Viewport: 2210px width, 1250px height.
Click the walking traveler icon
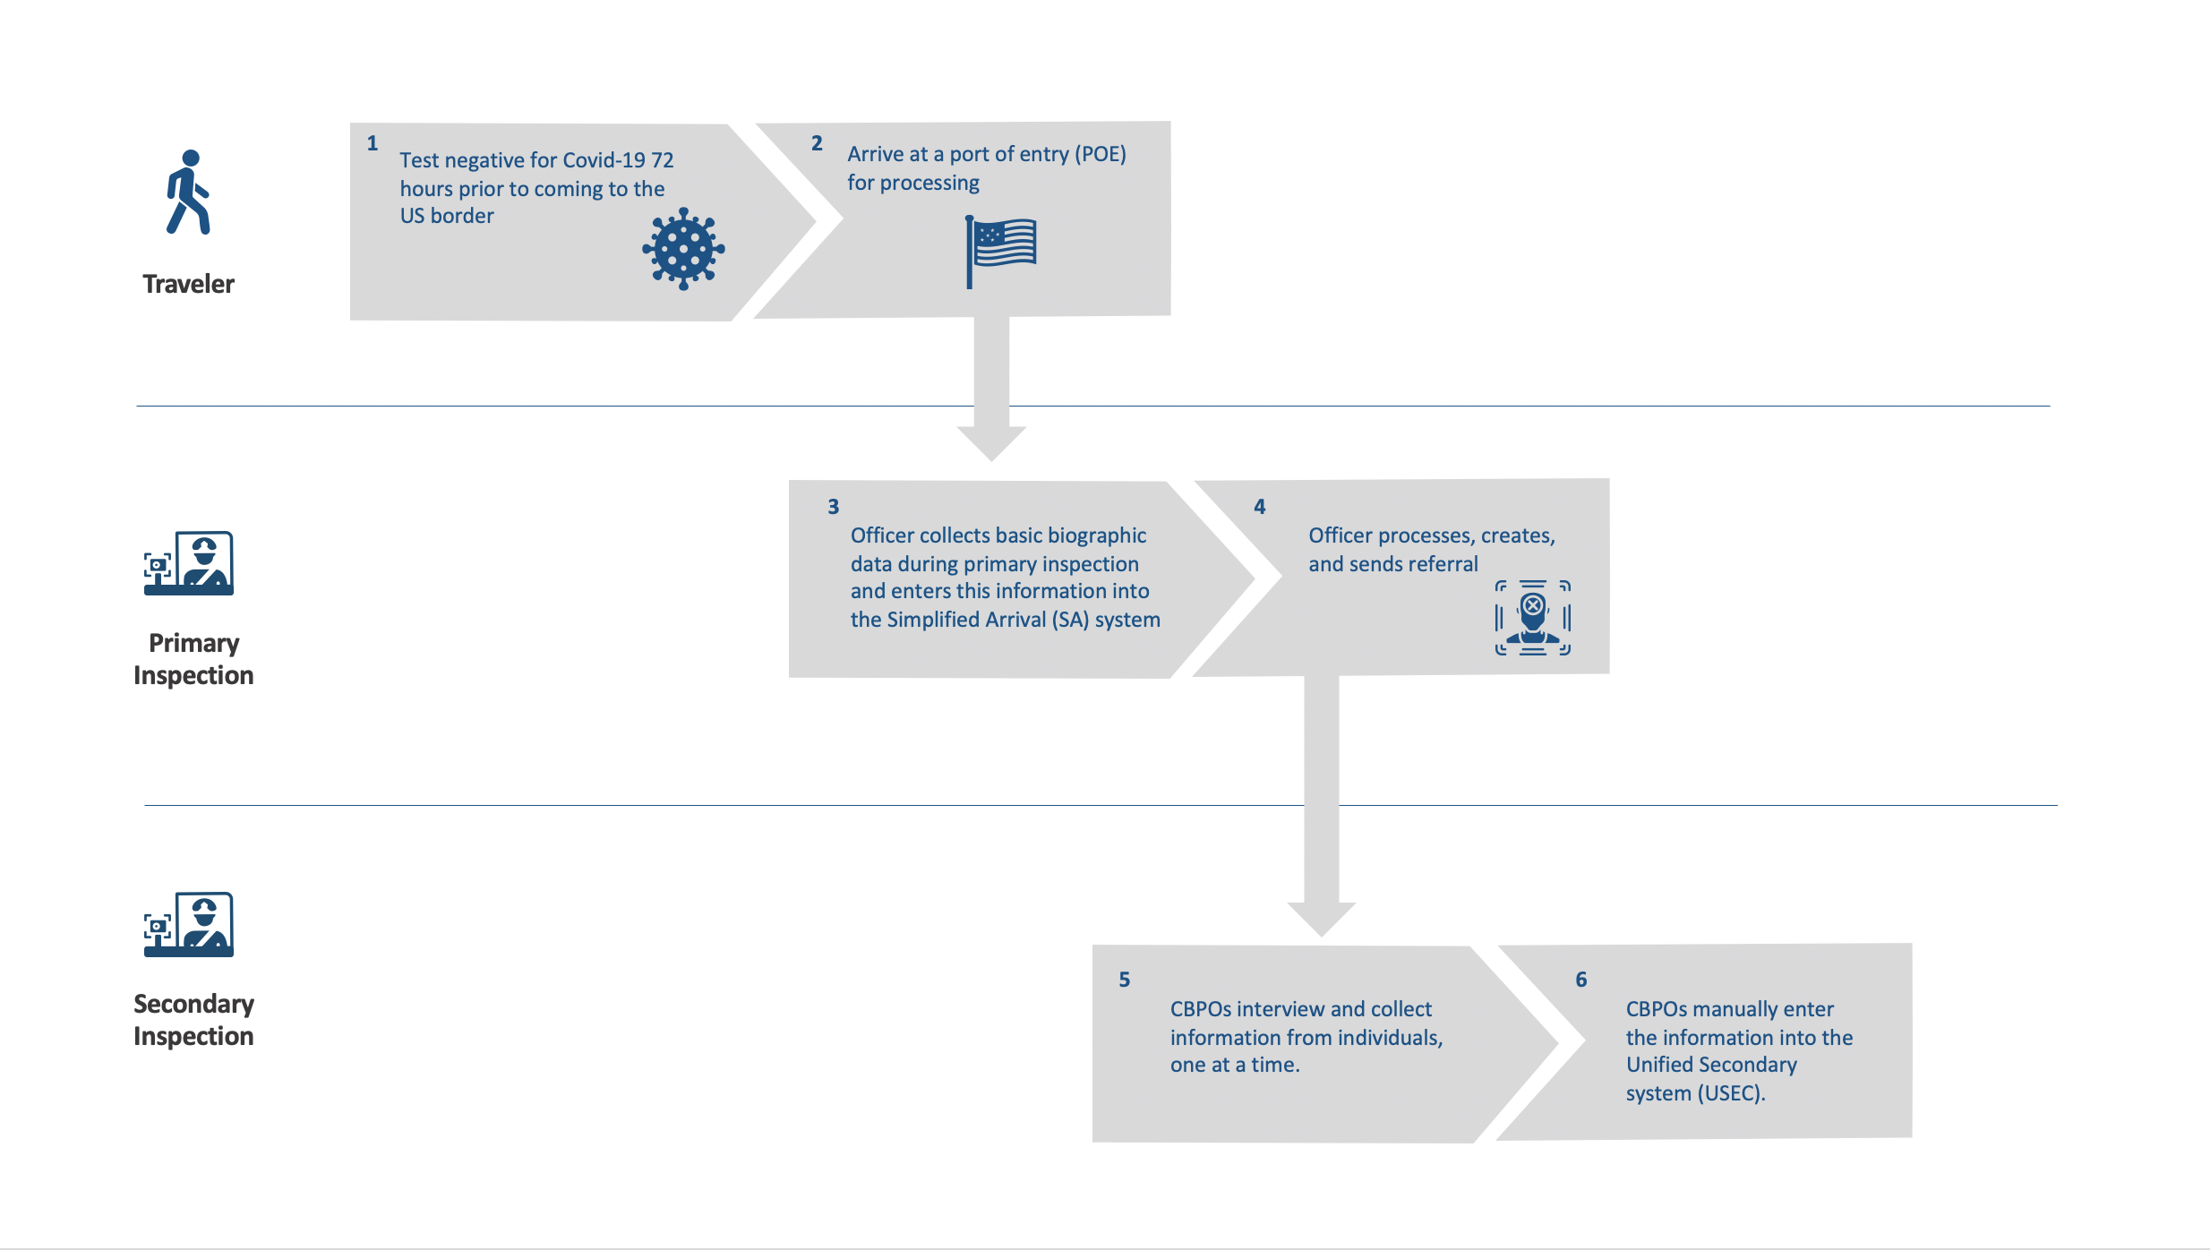[x=188, y=193]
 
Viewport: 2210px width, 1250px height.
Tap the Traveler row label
[x=188, y=284]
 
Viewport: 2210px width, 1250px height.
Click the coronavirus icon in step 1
[x=683, y=249]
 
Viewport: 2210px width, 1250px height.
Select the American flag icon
[x=1001, y=250]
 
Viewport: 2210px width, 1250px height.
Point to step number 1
[x=373, y=143]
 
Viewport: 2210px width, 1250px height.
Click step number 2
[x=817, y=143]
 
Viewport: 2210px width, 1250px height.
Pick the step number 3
[x=833, y=507]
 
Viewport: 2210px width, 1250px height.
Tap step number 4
[x=1259, y=507]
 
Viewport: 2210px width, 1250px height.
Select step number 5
[x=1124, y=980]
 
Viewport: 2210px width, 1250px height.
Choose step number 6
[x=1580, y=980]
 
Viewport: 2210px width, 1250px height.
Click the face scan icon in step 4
[x=1532, y=618]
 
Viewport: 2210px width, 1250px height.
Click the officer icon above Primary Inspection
[x=189, y=563]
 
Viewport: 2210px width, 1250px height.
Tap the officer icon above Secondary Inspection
[x=189, y=924]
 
